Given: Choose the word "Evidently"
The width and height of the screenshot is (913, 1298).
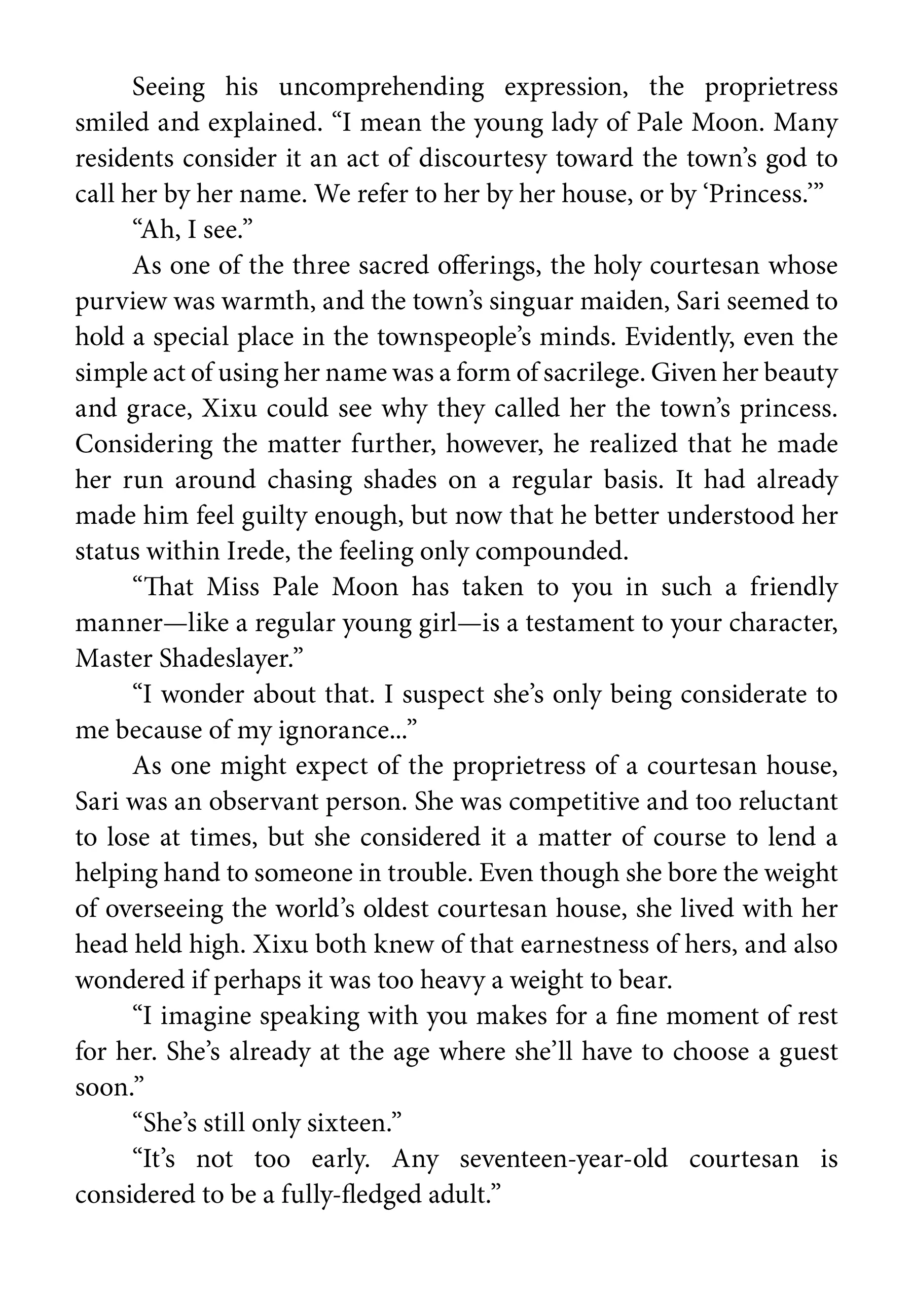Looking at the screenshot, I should coord(678,338).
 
